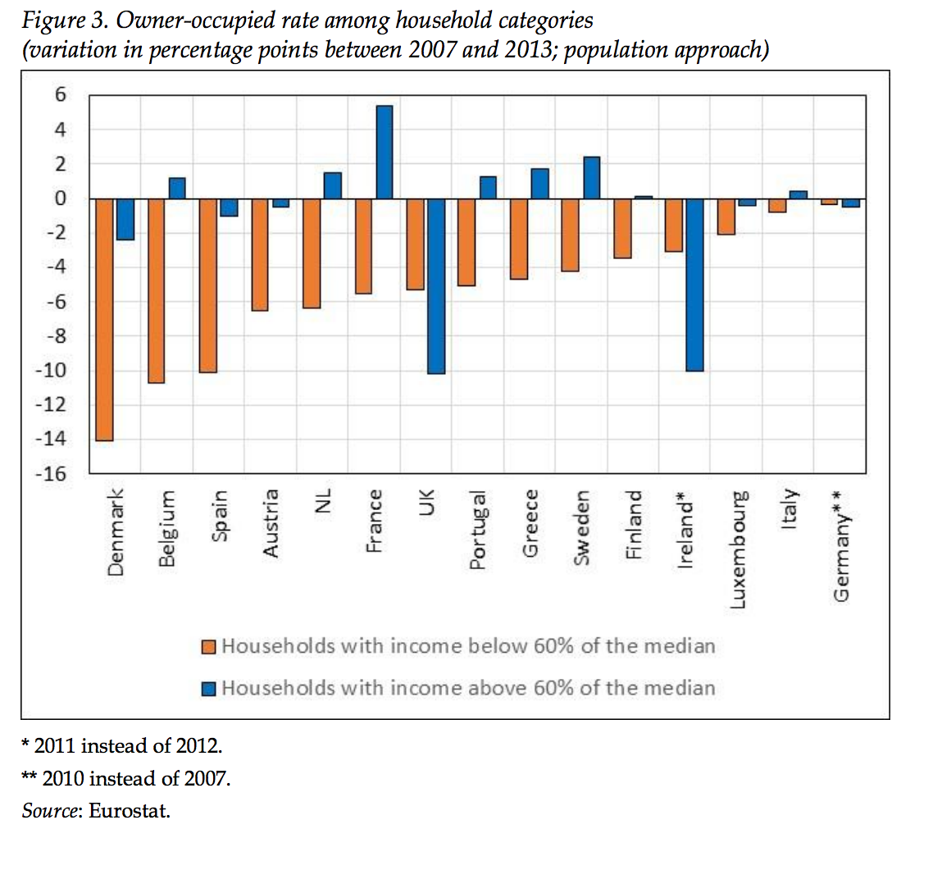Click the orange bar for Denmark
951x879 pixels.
coord(104,319)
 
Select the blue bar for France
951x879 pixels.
coord(384,152)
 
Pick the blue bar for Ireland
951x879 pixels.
coord(694,285)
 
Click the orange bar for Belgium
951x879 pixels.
coord(156,290)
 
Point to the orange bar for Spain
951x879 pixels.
coord(207,285)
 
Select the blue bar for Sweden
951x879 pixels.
coord(591,177)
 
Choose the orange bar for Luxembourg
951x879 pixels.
coord(726,216)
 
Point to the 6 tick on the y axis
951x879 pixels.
coord(60,95)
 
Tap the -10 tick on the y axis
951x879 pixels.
coord(50,370)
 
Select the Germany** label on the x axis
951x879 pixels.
coord(841,546)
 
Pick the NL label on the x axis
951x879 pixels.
coord(322,500)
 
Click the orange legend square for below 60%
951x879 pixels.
coord(209,647)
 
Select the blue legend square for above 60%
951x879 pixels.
coord(209,689)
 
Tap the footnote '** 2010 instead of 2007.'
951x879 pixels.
coord(125,778)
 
